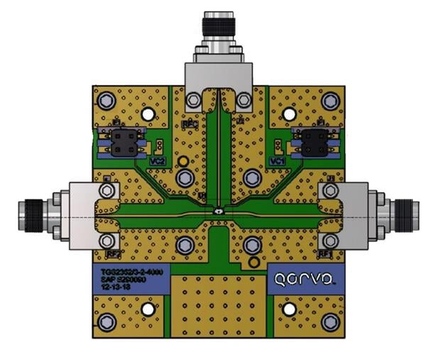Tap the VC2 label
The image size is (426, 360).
(158, 162)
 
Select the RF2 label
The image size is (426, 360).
(113, 253)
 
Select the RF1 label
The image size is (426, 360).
(324, 253)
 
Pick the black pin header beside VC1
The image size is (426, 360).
(313, 142)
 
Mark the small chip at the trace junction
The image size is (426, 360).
(219, 212)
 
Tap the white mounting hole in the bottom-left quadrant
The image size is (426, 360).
(148, 310)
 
